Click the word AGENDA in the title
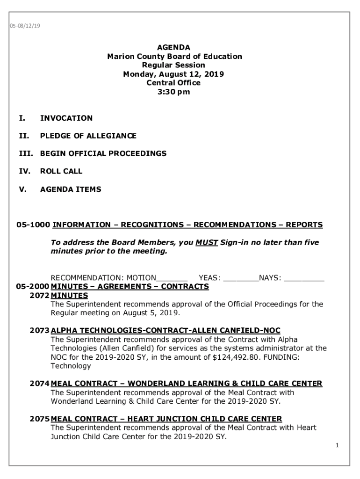tap(173, 47)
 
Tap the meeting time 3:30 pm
tap(174, 92)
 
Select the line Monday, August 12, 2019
tap(173, 74)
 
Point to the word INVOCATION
tap(66, 118)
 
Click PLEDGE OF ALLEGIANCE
tap(88, 136)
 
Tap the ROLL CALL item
tap(61, 171)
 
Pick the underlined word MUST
tap(206, 243)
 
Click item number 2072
tap(39, 296)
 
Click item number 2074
tap(39, 384)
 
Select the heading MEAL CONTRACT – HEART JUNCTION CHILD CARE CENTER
tap(166, 419)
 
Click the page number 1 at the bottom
tap(337, 446)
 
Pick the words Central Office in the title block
tap(173, 83)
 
